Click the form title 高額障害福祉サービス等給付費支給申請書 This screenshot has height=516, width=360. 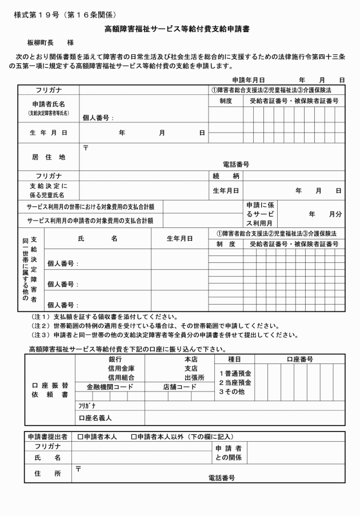(179, 27)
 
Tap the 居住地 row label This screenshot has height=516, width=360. (48, 156)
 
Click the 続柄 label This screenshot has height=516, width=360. (225, 175)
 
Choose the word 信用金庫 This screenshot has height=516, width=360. (121, 369)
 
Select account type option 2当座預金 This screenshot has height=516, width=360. (234, 382)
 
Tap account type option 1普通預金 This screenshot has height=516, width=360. (234, 373)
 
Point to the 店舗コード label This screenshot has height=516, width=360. (179, 387)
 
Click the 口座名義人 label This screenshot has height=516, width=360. (95, 418)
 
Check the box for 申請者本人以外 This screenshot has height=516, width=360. (134, 437)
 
